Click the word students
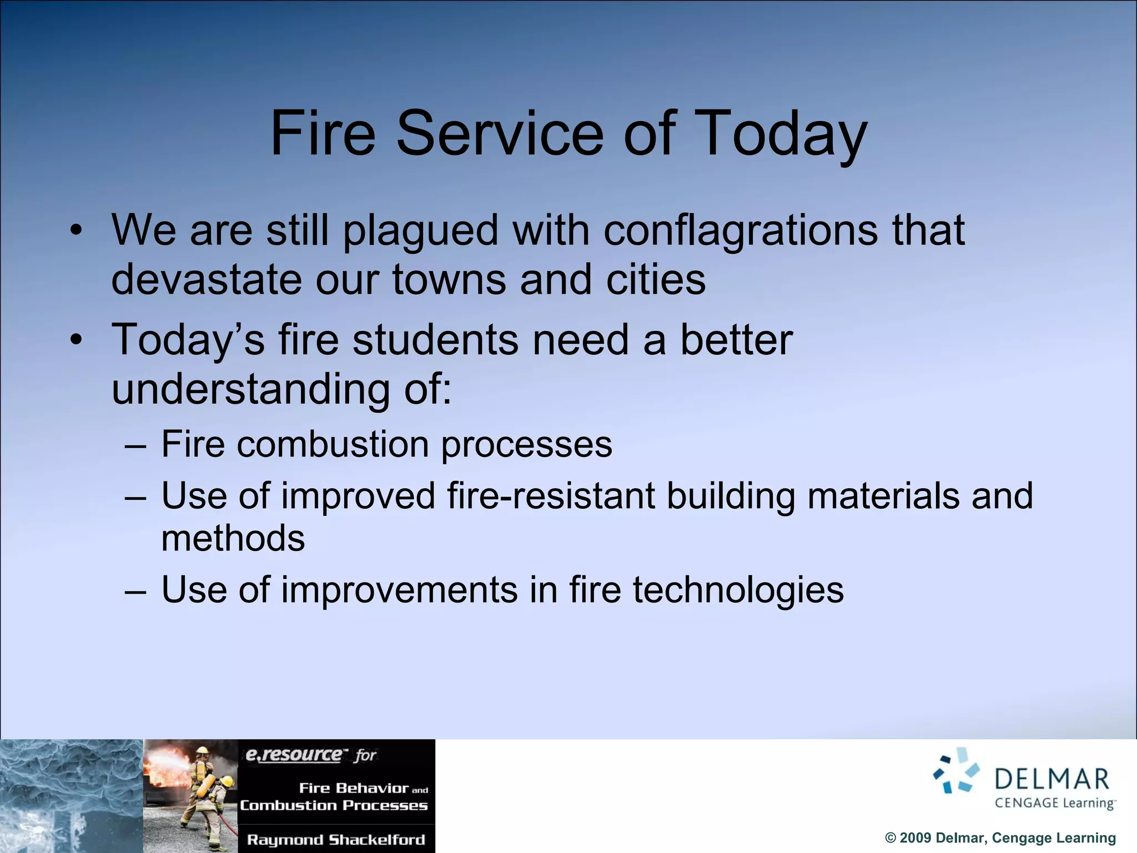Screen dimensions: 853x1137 (x=436, y=339)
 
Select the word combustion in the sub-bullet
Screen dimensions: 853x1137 (x=333, y=444)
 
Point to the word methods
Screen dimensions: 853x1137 (x=233, y=538)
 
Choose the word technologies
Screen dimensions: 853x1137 (x=738, y=589)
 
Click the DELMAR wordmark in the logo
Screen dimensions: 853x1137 (x=1052, y=779)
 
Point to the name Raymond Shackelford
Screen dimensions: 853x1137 (x=336, y=840)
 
